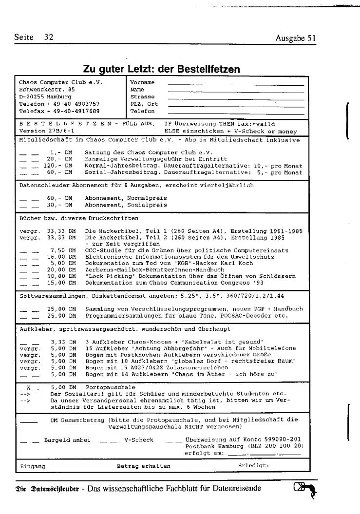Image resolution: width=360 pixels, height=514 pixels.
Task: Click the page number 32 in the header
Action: click(x=48, y=38)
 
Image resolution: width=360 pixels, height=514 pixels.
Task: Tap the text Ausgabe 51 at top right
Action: click(x=296, y=38)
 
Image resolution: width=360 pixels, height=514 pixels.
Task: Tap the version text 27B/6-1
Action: click(x=60, y=131)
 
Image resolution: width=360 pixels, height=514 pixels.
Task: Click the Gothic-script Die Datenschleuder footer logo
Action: click(x=46, y=489)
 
